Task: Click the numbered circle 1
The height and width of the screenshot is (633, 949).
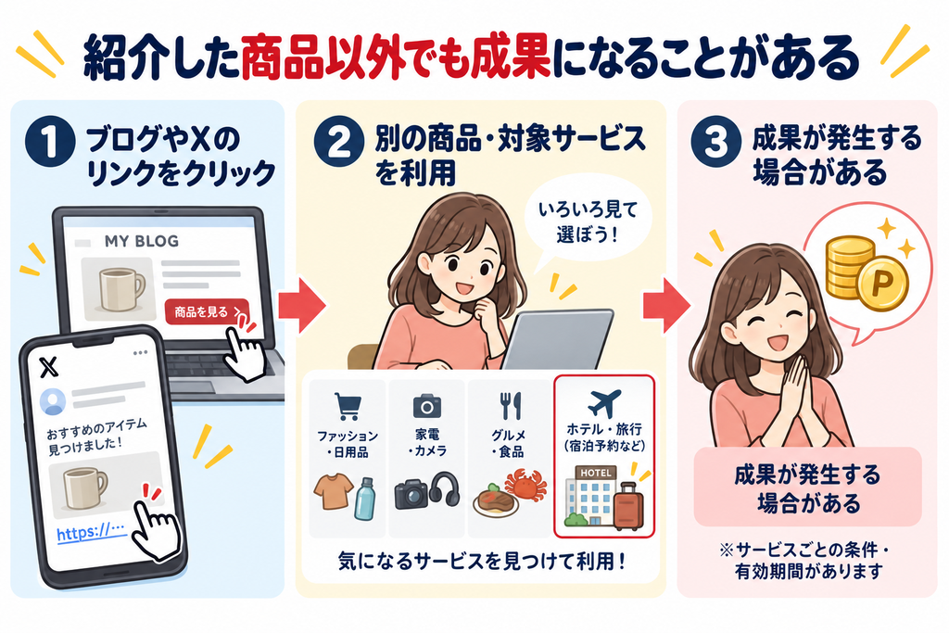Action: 50,142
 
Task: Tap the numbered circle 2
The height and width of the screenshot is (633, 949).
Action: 338,141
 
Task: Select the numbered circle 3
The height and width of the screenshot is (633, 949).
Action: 716,141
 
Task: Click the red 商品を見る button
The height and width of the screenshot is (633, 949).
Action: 207,311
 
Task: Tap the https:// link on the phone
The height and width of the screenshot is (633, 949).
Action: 91,532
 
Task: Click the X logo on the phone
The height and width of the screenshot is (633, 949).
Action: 48,367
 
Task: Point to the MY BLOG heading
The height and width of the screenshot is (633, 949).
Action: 142,242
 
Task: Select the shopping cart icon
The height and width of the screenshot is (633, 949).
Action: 348,406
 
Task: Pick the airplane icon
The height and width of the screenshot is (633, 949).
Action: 604,402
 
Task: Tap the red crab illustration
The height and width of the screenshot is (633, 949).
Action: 525,485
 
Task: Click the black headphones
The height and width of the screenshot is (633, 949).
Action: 444,489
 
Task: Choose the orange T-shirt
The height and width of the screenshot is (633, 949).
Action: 334,491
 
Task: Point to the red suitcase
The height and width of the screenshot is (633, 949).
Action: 628,507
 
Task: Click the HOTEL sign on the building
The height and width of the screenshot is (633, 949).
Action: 596,472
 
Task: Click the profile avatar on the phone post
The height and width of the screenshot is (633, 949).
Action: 53,401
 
